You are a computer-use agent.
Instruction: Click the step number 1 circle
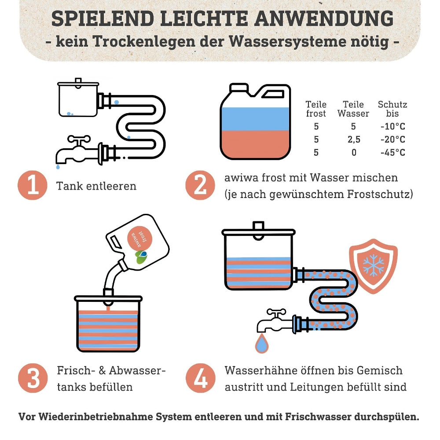[33, 185]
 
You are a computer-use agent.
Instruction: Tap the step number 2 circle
[200, 185]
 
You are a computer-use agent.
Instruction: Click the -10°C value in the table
[392, 127]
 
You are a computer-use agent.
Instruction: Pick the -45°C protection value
[392, 153]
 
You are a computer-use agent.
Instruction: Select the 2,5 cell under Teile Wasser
[353, 139]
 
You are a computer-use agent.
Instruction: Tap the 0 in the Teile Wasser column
[354, 153]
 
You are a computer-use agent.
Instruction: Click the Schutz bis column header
[392, 109]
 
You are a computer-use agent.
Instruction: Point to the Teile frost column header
[316, 109]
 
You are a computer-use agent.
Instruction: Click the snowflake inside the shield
[373, 265]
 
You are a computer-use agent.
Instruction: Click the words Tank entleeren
[96, 186]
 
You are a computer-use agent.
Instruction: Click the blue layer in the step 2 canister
[255, 119]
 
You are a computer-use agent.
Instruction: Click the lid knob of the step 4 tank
[258, 225]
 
